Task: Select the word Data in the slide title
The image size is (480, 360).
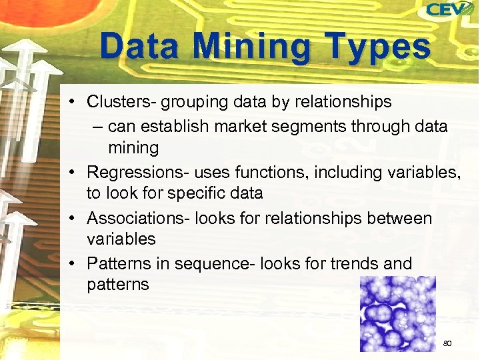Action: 139,47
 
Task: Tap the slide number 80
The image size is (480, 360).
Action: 447,343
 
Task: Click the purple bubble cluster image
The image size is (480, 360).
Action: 397,313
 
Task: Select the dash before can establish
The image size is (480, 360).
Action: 99,126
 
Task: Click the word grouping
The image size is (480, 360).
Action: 196,103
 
